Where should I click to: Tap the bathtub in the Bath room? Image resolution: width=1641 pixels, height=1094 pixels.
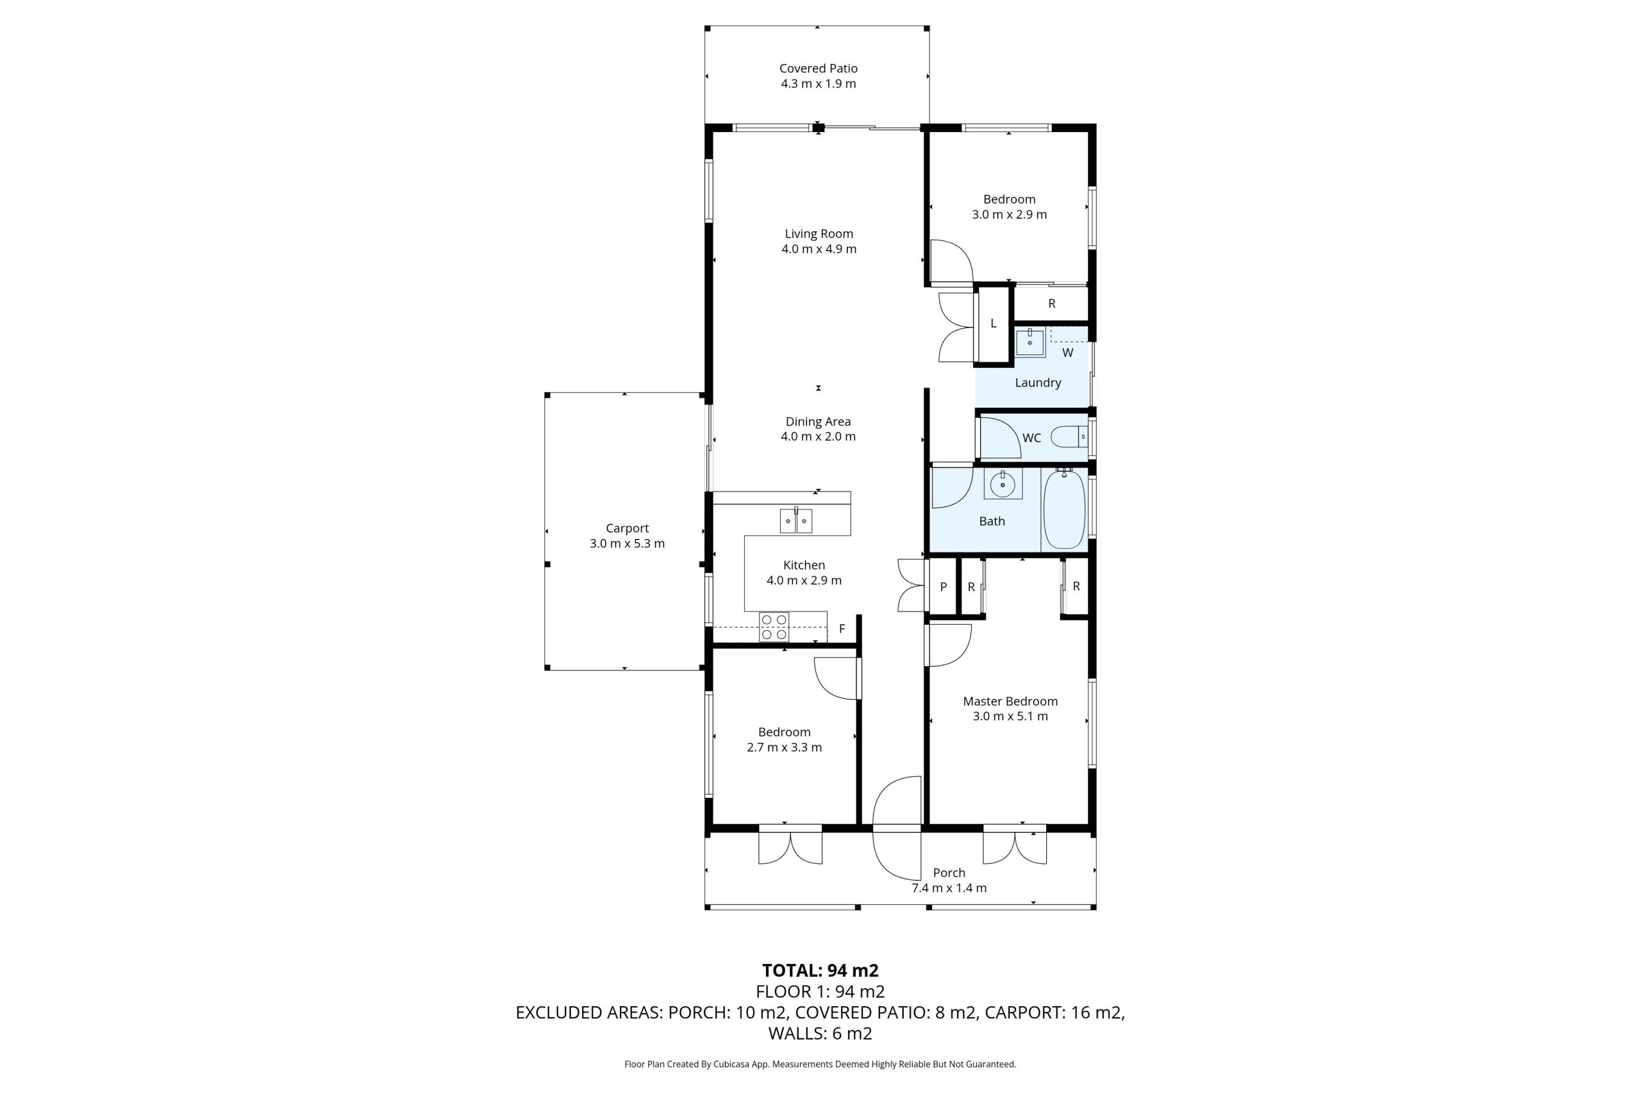click(1064, 510)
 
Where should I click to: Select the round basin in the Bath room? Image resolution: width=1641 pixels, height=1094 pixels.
click(1003, 483)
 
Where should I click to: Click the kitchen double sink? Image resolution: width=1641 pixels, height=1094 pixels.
click(796, 520)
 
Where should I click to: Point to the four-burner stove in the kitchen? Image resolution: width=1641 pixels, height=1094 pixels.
click(774, 627)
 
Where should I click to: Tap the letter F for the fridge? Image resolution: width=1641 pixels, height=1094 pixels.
click(842, 629)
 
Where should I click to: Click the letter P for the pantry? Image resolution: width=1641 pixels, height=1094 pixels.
click(944, 587)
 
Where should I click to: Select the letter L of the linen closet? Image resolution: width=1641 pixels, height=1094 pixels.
click(994, 323)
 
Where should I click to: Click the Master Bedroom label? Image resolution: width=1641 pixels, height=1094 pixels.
click(1010, 701)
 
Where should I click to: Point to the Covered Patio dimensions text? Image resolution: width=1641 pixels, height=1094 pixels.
click(819, 84)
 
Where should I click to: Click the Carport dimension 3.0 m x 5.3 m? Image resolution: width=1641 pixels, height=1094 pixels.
click(628, 543)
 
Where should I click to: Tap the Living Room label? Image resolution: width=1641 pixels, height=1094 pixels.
click(819, 234)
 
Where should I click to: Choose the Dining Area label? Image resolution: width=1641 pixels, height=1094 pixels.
click(819, 422)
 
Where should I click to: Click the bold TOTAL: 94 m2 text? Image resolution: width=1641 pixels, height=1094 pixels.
click(820, 970)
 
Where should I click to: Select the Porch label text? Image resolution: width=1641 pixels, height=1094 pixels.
click(949, 873)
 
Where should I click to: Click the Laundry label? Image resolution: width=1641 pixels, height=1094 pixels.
click(1038, 383)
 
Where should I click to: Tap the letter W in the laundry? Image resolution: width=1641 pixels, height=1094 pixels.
click(1067, 353)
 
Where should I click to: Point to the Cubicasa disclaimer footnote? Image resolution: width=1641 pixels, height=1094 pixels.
click(820, 1064)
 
